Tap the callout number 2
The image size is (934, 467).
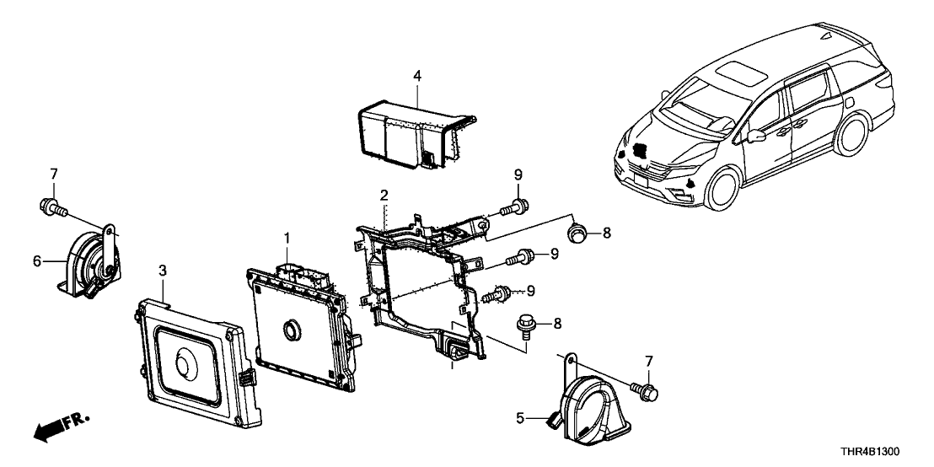tap(384, 195)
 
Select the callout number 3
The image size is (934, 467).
tap(163, 270)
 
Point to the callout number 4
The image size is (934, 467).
tap(416, 77)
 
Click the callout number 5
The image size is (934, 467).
tap(519, 417)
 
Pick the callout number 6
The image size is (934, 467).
tap(37, 261)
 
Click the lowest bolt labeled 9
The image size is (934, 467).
tap(501, 294)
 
